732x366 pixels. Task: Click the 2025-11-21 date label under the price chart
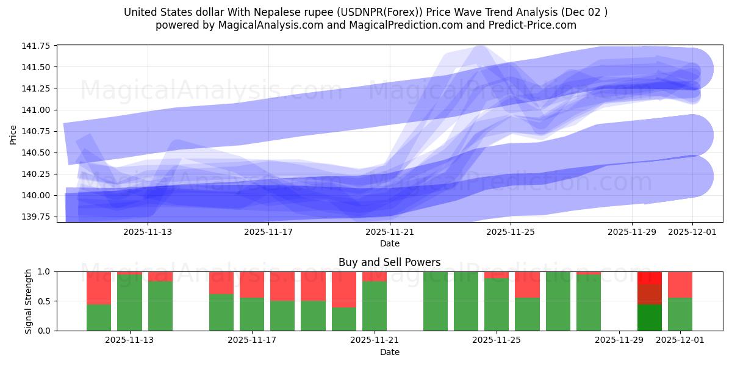390,232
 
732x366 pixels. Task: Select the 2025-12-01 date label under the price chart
692,232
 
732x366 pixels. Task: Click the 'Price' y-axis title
13,134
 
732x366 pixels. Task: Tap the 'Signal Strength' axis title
29,301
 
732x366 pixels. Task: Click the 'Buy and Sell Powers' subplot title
390,263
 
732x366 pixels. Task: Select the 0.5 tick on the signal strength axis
45,301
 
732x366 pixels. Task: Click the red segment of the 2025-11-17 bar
252,284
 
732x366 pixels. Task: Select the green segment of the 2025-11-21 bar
375,306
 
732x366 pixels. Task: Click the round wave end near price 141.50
692,68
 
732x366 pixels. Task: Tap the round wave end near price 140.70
692,135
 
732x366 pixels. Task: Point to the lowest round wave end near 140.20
692,176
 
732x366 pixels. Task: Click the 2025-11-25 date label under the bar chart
498,340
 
